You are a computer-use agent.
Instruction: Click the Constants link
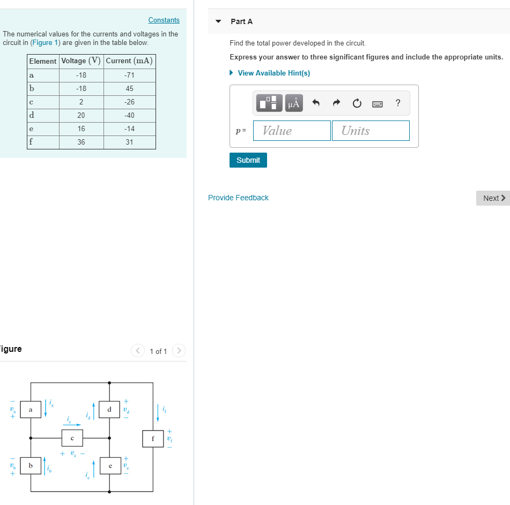point(164,20)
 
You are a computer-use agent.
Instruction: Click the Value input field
point(292,131)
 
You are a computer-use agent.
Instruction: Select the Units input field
point(371,131)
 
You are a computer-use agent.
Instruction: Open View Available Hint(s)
point(274,73)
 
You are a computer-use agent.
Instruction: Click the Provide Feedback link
point(238,198)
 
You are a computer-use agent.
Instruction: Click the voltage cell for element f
point(81,142)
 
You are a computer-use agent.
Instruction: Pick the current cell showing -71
point(129,75)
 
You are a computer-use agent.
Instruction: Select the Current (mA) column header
point(129,61)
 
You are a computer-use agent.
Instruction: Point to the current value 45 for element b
point(129,88)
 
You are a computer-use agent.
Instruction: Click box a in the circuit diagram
point(31,410)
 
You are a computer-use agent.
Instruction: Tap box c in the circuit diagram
point(72,438)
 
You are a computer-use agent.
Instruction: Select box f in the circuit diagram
point(153,439)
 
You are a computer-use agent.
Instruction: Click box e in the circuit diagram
point(109,466)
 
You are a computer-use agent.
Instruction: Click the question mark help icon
point(397,103)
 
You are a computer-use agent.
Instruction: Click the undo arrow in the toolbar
point(316,103)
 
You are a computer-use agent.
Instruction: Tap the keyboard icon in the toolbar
point(378,104)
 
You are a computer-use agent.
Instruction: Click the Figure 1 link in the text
point(45,42)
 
